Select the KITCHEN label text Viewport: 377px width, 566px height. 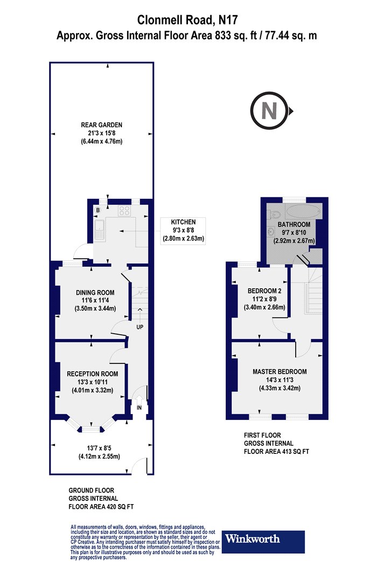[183, 222]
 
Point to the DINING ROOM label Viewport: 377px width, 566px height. [94, 293]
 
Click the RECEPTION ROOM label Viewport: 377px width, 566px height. [92, 374]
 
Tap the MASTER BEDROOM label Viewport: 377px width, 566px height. [280, 371]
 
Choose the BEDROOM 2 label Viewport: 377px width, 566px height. [260, 291]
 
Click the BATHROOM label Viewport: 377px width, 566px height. [294, 224]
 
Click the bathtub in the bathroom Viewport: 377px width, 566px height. [302, 211]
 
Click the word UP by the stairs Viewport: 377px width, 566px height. [139, 327]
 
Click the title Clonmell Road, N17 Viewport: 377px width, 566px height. [188, 20]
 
